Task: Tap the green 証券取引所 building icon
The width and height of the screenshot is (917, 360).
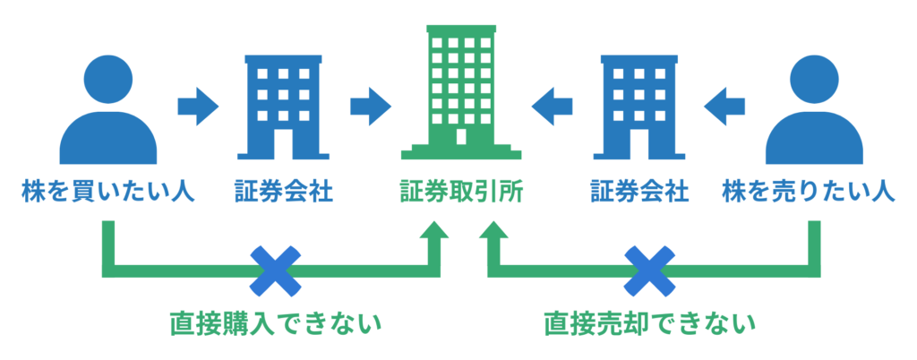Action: coord(459,90)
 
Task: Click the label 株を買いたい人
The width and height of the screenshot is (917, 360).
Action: coord(107,191)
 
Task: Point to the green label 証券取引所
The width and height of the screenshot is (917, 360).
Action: coord(461,191)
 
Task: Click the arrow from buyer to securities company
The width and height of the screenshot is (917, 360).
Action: coord(198,107)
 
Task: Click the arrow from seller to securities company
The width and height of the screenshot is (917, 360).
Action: coord(724,107)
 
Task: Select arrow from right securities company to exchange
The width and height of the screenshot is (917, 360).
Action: coord(553,107)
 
